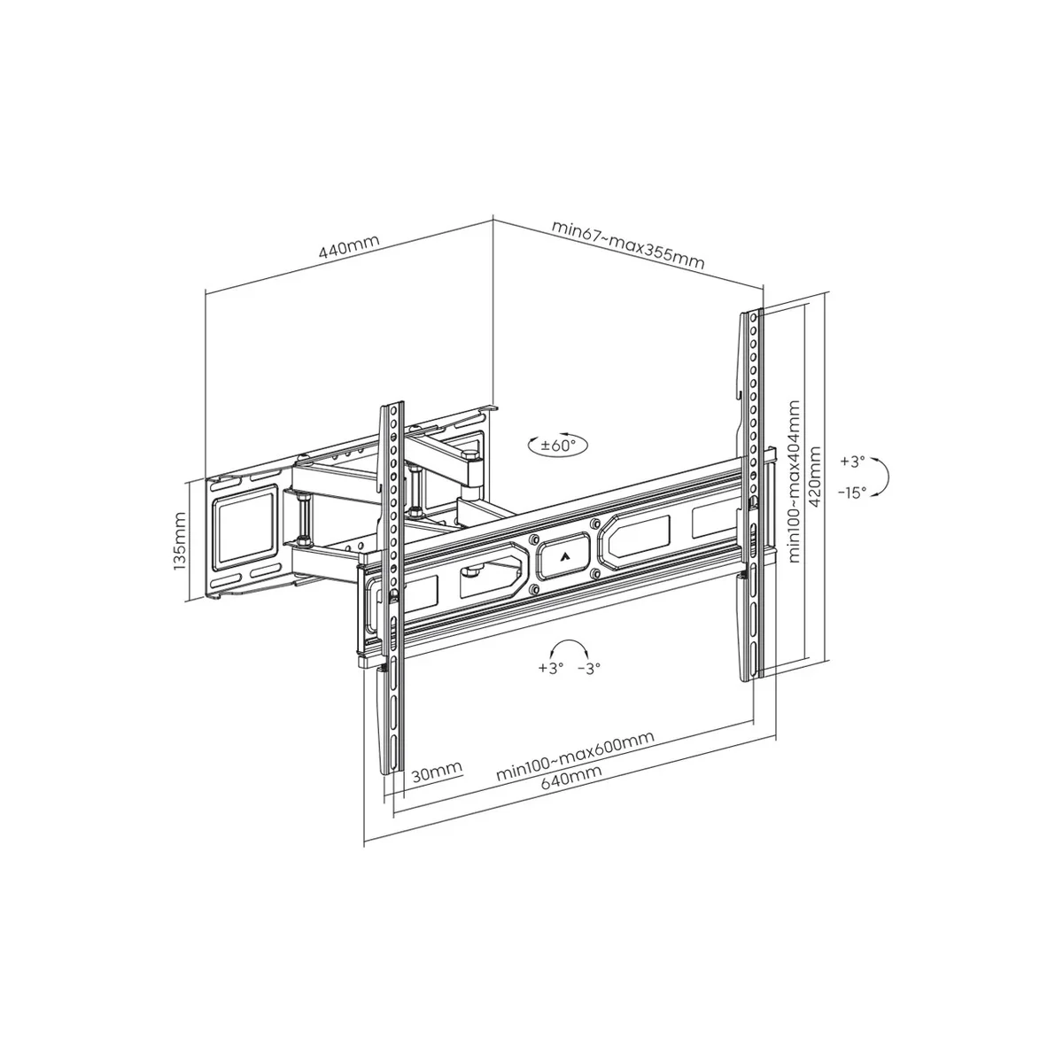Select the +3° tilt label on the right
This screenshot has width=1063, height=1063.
coord(851,462)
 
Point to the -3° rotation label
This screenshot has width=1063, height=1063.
coord(588,668)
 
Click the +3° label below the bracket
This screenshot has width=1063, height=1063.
coord(550,668)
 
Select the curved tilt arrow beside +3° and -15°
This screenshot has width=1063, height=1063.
coord(882,477)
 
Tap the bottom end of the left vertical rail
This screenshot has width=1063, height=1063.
coord(390,769)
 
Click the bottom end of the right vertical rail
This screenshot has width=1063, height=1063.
coord(749,675)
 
